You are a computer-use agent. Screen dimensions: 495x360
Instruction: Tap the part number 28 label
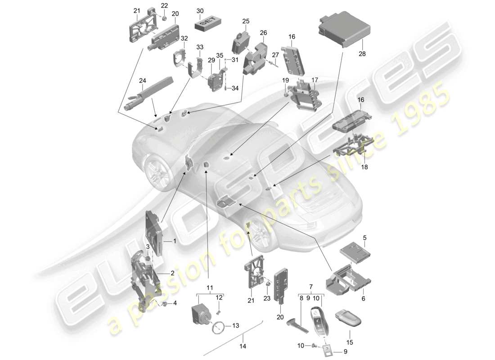point(363,54)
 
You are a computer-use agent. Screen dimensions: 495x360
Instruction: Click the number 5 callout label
point(365,237)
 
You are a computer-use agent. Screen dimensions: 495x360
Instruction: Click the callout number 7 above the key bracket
point(310,287)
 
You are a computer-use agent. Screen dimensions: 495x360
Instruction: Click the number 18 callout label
point(364,167)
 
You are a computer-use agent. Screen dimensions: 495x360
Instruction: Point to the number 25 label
point(246,21)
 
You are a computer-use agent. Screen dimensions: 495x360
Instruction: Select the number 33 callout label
point(200,47)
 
